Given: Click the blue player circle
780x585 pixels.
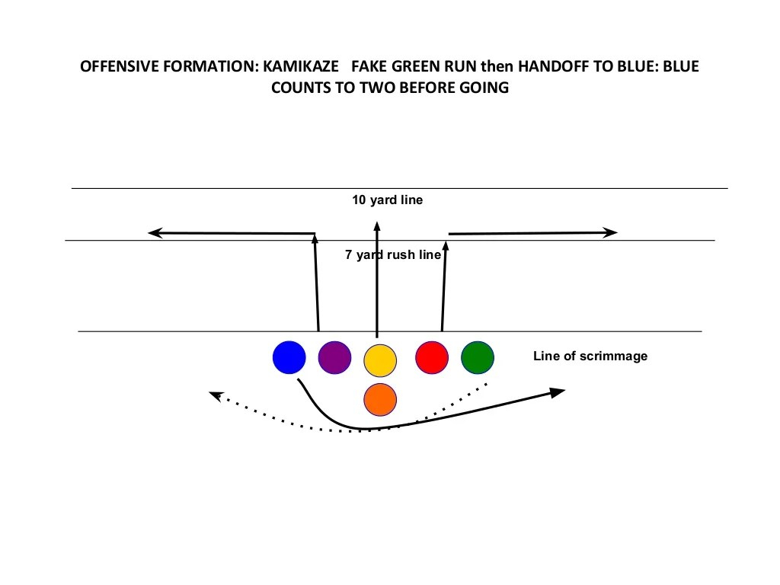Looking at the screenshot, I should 289,357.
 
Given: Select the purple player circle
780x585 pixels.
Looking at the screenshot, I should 334,357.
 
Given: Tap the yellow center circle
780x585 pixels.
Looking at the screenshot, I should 380,360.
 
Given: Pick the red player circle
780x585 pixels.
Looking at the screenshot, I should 432,357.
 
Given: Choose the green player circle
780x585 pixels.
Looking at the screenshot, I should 478,357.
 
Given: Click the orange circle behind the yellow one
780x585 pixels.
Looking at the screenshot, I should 380,399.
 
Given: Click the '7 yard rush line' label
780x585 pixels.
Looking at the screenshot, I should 393,255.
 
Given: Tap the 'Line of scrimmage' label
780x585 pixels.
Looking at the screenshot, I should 590,356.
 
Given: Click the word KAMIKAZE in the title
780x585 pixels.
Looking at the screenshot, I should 296,67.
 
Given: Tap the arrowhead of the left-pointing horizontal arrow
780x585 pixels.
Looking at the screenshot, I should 153,232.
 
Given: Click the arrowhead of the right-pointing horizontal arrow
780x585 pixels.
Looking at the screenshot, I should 611,232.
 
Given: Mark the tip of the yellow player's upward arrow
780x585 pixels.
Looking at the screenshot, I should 376,223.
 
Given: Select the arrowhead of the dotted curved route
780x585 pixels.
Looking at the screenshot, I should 215,395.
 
